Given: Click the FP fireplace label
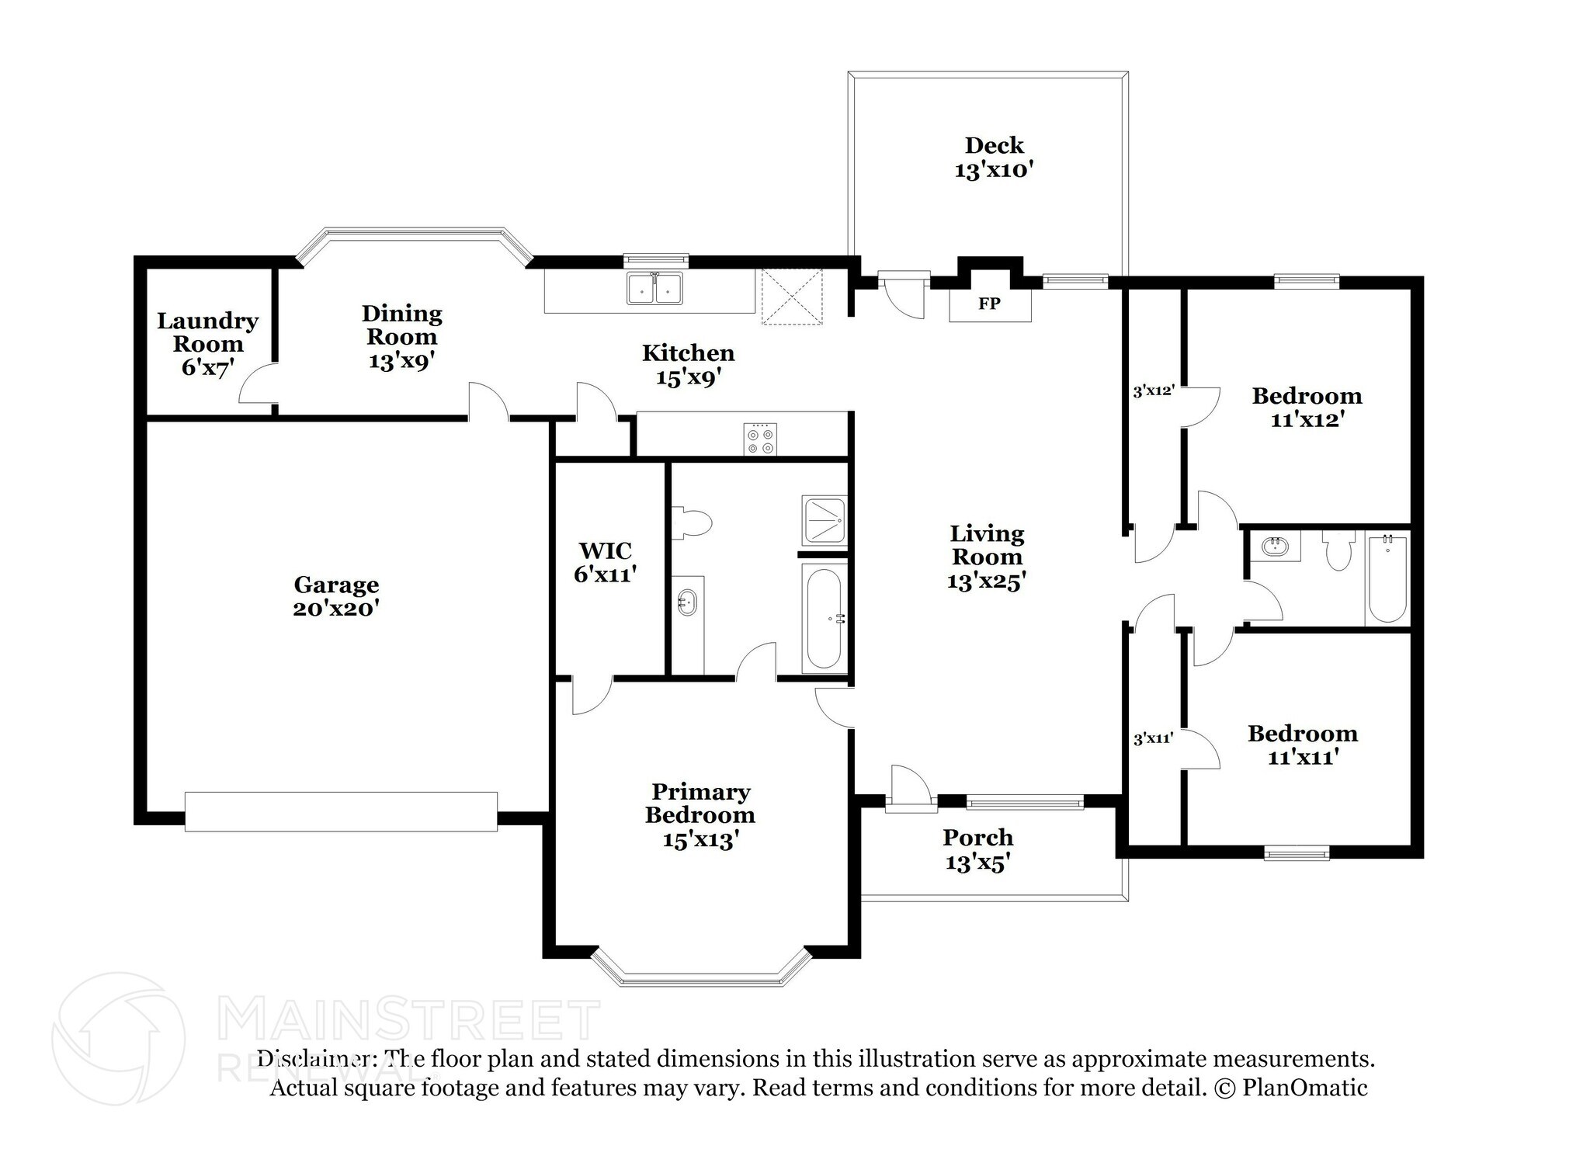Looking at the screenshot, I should tap(989, 304).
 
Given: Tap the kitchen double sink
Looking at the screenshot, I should tap(654, 288).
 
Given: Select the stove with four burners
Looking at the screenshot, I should tap(759, 439).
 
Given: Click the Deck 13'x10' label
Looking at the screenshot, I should tap(994, 157).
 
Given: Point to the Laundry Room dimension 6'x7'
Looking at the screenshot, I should tap(207, 367).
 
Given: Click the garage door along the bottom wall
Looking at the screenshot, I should tap(341, 811).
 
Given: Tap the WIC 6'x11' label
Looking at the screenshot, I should tap(606, 562).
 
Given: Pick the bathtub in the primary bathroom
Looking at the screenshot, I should tap(824, 619).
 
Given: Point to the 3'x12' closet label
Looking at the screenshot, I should tap(1152, 391).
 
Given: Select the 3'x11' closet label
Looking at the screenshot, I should tap(1152, 739).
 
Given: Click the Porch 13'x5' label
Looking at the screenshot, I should tap(977, 849).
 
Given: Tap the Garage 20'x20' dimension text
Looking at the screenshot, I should tap(335, 608).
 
